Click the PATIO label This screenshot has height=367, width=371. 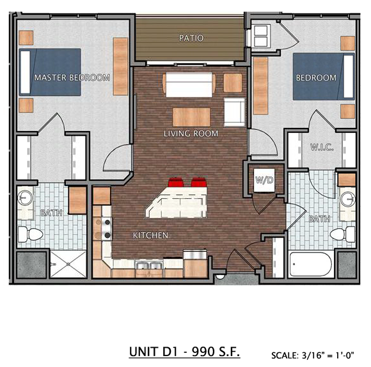click(191, 38)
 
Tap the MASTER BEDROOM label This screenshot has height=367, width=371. click(72, 77)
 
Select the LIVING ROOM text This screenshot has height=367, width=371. click(191, 134)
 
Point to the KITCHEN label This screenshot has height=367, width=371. click(150, 235)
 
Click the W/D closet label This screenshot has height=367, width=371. click(264, 180)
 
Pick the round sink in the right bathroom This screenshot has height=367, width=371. click(347, 197)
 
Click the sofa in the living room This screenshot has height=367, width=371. click(189, 84)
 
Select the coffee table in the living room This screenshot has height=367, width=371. click(191, 116)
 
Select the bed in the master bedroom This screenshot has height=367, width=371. click(50, 72)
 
